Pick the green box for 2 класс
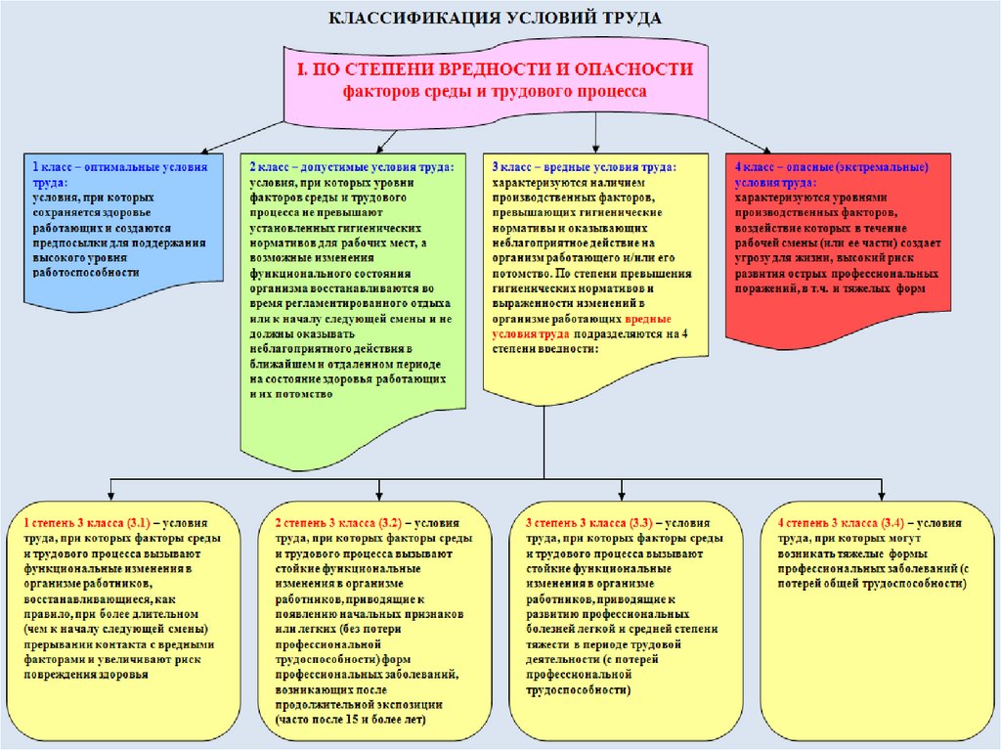click(353, 293)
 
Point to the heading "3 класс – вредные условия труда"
click(584, 167)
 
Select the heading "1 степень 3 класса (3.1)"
click(86, 524)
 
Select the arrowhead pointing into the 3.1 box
click(114, 492)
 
